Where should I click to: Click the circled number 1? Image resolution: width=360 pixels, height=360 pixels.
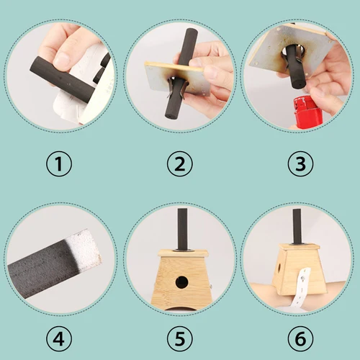[60, 164]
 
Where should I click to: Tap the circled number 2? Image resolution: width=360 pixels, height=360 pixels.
[179, 164]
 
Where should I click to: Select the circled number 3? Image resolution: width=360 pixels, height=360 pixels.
[300, 164]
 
